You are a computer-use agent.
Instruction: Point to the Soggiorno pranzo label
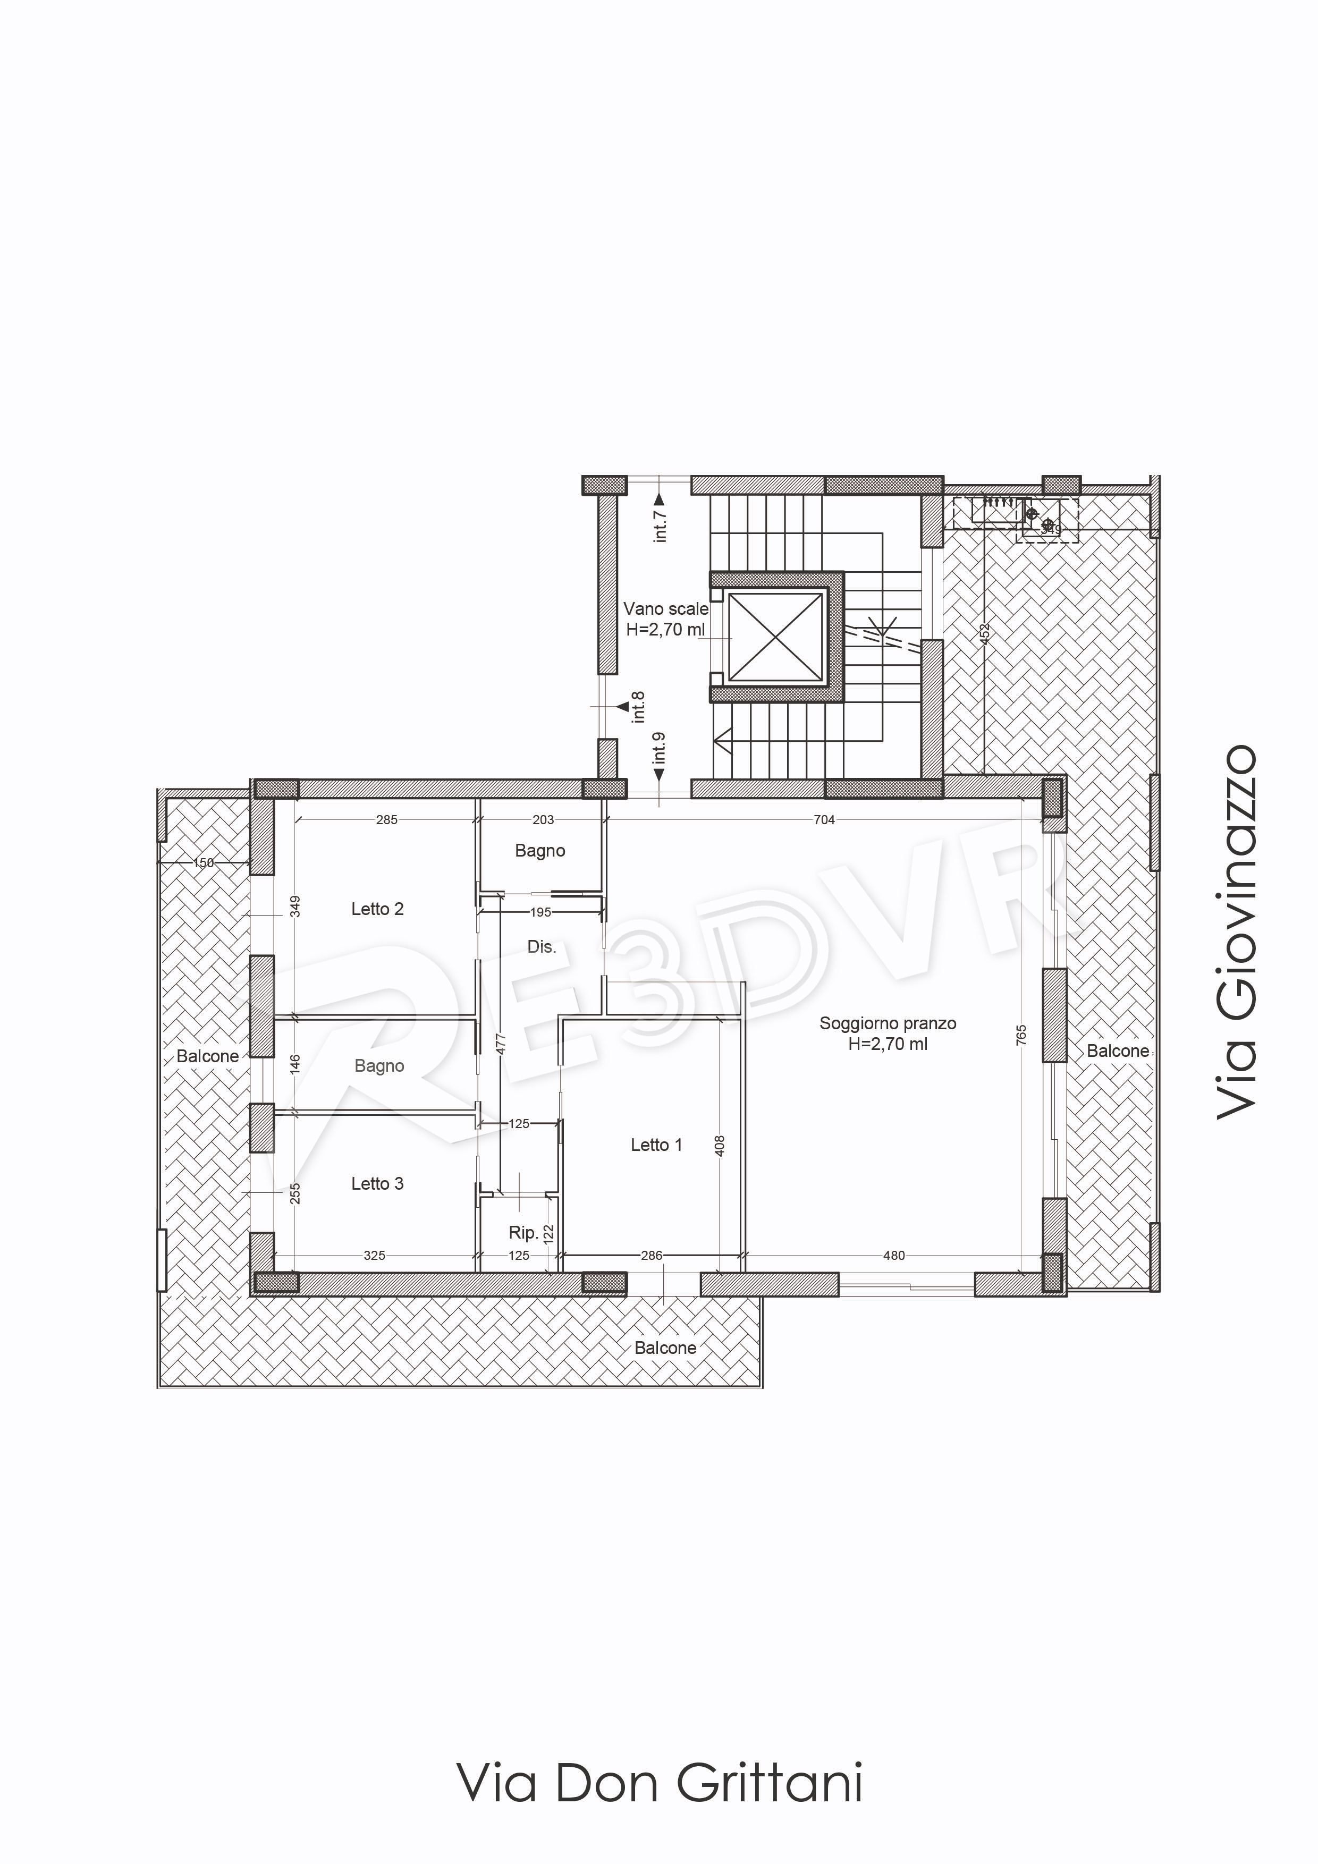coord(888,1024)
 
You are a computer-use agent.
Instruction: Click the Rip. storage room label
coord(523,1232)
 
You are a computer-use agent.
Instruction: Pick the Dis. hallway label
coord(542,947)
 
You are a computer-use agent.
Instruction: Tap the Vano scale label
coord(666,609)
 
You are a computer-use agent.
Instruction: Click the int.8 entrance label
coord(639,706)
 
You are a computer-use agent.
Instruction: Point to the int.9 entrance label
coord(660,749)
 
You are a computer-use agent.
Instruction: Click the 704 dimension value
coord(824,820)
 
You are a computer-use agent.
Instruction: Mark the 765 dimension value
coord(1021,1035)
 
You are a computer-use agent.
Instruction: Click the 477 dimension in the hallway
coord(501,1043)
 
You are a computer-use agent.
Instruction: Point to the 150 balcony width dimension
coord(204,863)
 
